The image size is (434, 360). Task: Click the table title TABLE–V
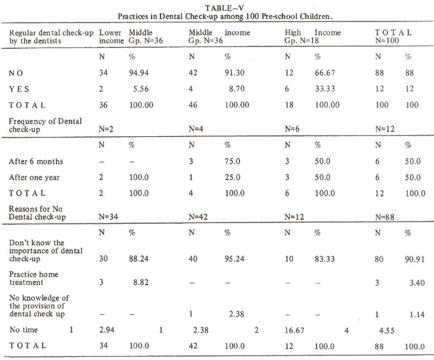pos(224,8)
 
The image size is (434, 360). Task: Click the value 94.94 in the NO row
pos(139,73)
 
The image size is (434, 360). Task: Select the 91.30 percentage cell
pos(234,73)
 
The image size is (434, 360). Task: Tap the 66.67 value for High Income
pos(325,73)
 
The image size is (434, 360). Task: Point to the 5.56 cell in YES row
pos(141,89)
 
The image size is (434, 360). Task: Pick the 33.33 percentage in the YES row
pos(325,89)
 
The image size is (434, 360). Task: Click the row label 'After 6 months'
pos(36,162)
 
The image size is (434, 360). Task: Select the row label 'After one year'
pos(34,178)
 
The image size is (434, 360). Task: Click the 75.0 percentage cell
pos(232,162)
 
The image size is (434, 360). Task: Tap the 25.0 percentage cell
pos(232,178)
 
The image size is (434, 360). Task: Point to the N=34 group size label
pos(108,217)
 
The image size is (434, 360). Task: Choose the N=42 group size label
pos(198,217)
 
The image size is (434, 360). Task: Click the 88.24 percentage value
pos(139,259)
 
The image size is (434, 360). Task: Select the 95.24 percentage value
pos(234,259)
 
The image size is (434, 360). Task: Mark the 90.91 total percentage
pos(415,259)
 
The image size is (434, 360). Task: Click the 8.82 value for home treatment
pos(141,283)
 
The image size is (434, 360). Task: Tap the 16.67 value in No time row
pos(294,331)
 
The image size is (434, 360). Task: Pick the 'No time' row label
pos(23,330)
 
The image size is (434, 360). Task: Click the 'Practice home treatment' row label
pos(33,279)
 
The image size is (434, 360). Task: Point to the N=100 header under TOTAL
pos(387,41)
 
